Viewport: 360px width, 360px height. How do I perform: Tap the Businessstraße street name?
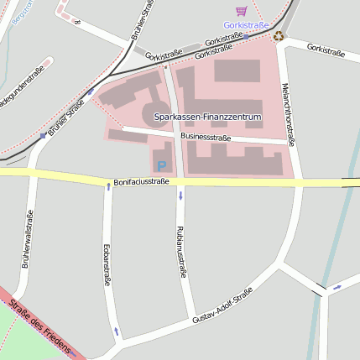point(206,136)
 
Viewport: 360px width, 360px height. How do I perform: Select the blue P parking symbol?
point(162,167)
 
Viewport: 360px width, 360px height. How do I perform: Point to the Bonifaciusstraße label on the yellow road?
point(141,180)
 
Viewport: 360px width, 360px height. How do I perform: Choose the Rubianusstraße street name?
point(180,250)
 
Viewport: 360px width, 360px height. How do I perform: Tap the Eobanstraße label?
point(107,264)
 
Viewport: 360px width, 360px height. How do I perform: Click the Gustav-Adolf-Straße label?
point(222,305)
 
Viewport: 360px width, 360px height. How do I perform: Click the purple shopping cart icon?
point(242,11)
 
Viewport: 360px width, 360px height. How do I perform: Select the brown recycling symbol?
point(279,35)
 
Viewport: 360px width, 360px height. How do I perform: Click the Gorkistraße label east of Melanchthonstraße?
point(326,50)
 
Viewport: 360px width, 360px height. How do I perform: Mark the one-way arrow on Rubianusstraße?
point(180,196)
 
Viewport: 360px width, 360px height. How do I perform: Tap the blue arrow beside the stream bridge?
point(337,287)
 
